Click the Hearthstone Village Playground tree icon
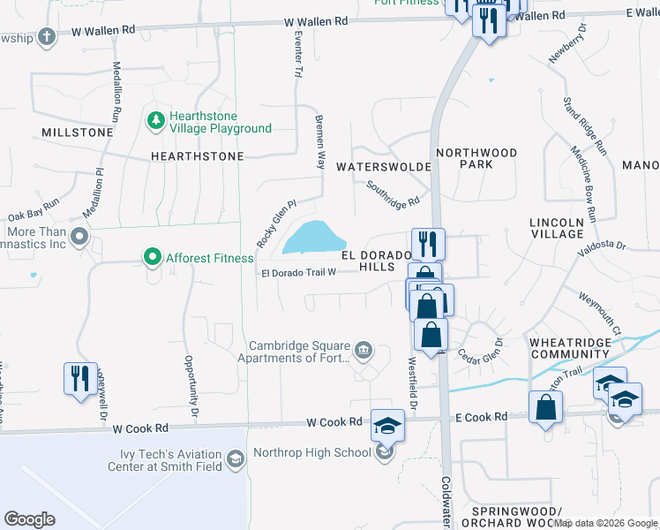(155, 119)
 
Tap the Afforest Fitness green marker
(152, 258)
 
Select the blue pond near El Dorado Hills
(312, 237)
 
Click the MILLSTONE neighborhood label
(78, 132)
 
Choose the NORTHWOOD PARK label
(476, 158)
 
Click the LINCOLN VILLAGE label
(557, 227)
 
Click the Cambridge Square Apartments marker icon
(363, 352)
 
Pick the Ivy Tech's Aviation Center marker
(236, 458)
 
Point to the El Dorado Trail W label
(298, 272)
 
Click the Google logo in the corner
(29, 519)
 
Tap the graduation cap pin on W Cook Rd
(386, 425)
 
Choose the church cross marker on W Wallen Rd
(47, 36)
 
